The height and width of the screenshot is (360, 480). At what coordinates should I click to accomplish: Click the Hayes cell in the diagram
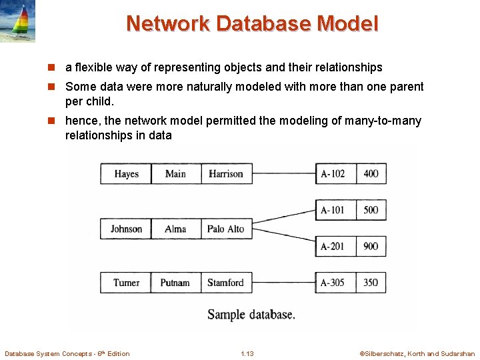tap(126, 173)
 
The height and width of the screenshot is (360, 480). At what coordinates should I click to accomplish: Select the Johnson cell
tap(126, 229)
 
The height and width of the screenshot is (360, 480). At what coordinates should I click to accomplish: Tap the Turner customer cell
tap(126, 283)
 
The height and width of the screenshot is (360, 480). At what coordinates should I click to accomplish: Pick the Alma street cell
tap(175, 229)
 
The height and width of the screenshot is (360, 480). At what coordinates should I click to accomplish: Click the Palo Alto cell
tap(225, 229)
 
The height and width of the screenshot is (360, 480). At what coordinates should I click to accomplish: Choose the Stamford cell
tap(225, 283)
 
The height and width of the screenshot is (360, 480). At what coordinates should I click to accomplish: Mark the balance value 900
tap(371, 246)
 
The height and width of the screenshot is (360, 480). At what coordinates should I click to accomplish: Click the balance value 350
tap(371, 283)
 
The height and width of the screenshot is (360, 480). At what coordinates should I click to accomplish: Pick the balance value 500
tap(371, 210)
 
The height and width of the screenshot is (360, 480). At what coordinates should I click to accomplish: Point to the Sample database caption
tap(251, 314)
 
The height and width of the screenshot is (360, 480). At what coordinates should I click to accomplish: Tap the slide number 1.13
tap(247, 353)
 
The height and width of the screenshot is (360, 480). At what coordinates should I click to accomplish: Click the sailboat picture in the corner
tap(18, 21)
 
